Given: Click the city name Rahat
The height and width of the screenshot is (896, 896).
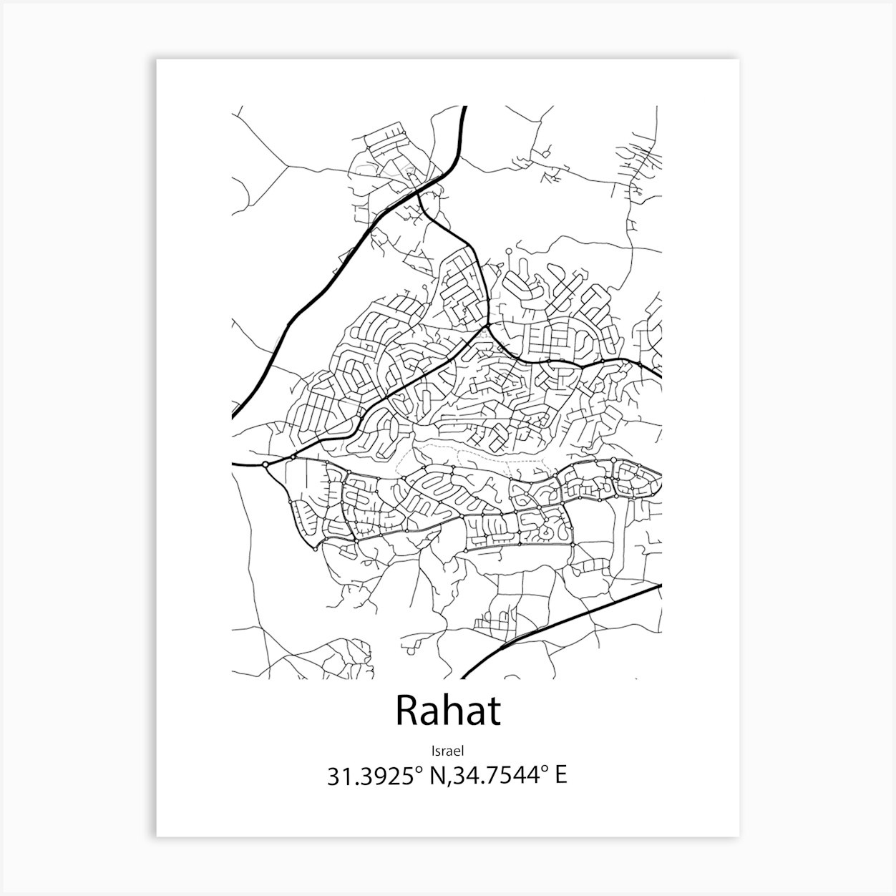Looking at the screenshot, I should point(447,711).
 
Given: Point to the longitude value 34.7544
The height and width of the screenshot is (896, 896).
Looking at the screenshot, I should point(501,776).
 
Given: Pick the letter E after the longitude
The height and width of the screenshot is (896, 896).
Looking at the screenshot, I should point(561,776).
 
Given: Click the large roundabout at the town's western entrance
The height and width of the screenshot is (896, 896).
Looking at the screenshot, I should point(266,464).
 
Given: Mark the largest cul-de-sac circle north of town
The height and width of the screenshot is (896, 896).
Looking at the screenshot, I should point(507,251).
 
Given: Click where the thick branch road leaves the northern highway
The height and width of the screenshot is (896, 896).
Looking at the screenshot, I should point(419,193).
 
